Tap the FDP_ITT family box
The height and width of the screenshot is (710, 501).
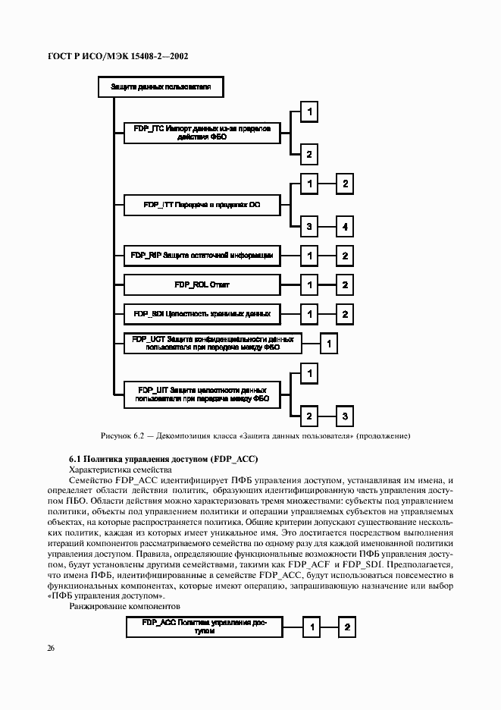pos(202,205)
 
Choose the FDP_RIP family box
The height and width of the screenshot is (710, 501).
pos(202,256)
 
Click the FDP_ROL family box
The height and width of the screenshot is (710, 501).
pos(202,284)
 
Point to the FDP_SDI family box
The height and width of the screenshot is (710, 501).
pos(202,313)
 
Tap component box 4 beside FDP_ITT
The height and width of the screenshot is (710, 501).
pos(345,226)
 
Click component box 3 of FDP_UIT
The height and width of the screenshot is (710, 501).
pos(345,416)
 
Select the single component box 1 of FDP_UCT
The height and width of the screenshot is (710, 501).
pos(329,344)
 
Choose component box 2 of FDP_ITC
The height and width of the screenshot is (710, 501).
pos(309,154)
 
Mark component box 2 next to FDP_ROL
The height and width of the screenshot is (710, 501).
pos(345,284)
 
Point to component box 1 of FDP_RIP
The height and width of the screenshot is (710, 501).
pos(309,256)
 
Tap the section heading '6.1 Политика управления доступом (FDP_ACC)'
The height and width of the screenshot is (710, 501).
pos(163,459)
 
